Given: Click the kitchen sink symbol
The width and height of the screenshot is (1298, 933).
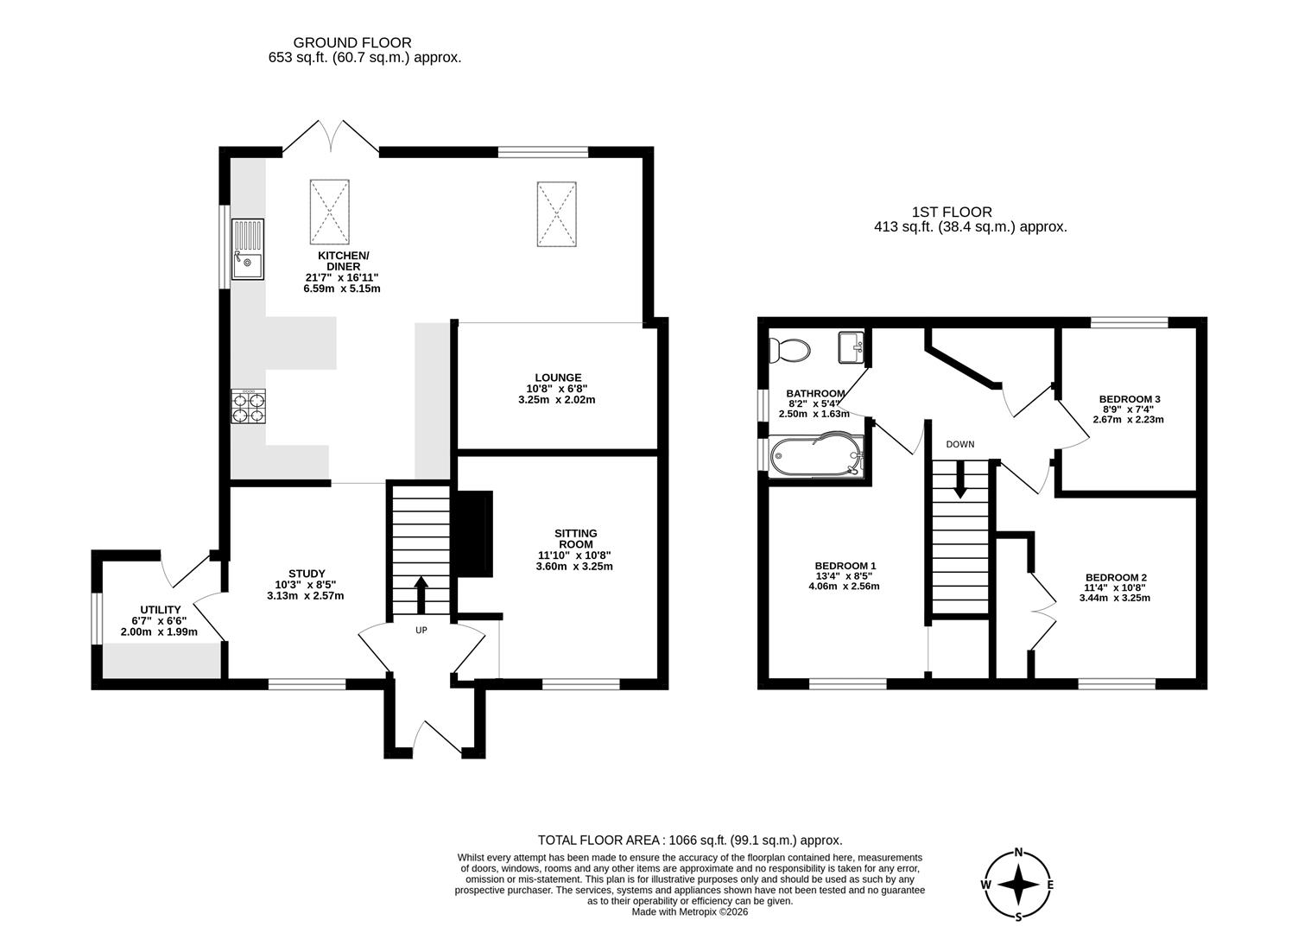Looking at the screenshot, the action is click(248, 249).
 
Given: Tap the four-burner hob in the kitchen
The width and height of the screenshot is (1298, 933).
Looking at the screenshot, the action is click(248, 406).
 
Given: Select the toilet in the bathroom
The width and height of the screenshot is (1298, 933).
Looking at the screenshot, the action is click(789, 350).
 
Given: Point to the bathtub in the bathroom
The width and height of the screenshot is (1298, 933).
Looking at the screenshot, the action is click(816, 456).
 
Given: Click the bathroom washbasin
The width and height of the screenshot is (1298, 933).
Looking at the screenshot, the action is click(851, 347).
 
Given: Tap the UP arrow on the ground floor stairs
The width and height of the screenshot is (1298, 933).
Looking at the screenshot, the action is click(421, 594).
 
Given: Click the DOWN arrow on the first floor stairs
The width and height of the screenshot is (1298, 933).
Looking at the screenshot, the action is click(960, 479).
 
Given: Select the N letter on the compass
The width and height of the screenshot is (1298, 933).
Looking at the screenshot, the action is click(1018, 853).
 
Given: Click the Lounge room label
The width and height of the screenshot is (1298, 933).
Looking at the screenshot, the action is click(558, 378).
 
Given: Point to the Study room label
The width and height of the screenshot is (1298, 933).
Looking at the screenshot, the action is click(307, 574).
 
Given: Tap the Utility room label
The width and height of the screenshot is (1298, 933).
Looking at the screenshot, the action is click(161, 610).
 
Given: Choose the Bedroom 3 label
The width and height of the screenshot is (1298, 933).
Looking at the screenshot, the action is click(1130, 399).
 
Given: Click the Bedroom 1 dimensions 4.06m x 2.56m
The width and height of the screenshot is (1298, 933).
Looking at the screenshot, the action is click(844, 586).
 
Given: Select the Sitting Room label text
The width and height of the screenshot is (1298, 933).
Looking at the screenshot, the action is click(575, 538).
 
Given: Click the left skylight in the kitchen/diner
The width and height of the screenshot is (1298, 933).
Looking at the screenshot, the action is click(330, 212).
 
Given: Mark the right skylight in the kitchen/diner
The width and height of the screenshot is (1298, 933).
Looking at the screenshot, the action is click(556, 214).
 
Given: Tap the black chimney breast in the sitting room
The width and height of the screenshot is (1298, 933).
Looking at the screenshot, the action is click(475, 534).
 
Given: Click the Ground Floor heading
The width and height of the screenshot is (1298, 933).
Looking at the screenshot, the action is click(352, 42).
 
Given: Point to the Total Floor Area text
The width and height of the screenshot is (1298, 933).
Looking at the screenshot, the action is click(690, 841).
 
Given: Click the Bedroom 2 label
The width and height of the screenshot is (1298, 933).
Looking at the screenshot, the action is click(1116, 577).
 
